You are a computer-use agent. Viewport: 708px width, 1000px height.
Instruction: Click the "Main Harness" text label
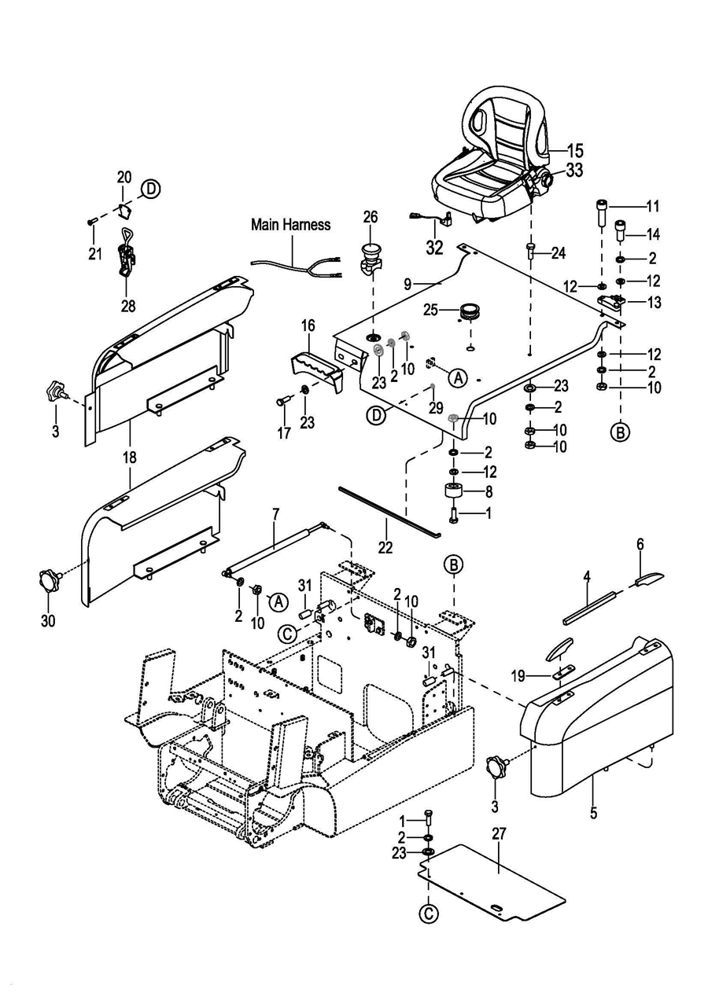[x=290, y=225]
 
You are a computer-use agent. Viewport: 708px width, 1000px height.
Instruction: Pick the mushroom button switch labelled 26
[x=370, y=256]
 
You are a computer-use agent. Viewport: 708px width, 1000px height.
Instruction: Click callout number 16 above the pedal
[x=308, y=325]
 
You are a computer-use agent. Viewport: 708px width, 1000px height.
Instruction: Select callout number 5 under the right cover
[x=593, y=813]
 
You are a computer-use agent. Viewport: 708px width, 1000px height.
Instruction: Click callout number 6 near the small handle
[x=640, y=543]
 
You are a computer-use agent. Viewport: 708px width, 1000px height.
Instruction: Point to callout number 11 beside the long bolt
[x=652, y=207]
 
